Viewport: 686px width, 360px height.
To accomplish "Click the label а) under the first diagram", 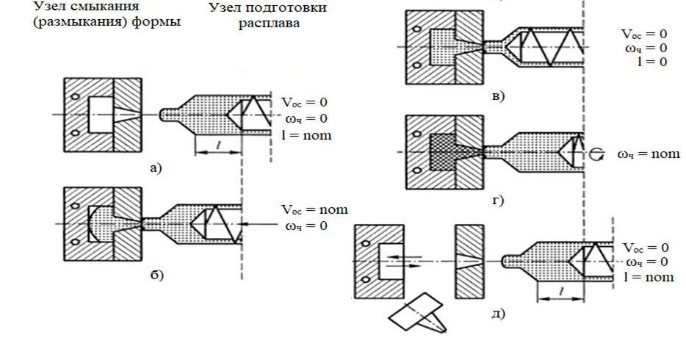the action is pyautogui.click(x=156, y=168).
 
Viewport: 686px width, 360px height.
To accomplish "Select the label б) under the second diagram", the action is pyautogui.click(x=156, y=275).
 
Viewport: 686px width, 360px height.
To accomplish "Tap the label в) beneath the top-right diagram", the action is pyautogui.click(x=498, y=96).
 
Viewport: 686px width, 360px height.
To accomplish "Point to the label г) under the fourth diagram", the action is pyautogui.click(x=498, y=201).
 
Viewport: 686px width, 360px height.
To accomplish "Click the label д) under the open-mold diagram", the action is pyautogui.click(x=498, y=313).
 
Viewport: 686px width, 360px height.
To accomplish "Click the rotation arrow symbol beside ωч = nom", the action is pyautogui.click(x=598, y=154).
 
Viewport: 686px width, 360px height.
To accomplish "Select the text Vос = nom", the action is pyautogui.click(x=314, y=210).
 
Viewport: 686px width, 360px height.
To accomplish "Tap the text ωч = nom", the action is pyautogui.click(x=649, y=154).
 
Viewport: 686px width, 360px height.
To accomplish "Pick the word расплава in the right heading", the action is pyautogui.click(x=269, y=23).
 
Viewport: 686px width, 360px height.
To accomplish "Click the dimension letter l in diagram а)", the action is pyautogui.click(x=218, y=145).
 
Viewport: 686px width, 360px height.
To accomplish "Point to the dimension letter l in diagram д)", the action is pyautogui.click(x=561, y=292).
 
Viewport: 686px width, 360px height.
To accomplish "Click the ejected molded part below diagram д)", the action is pyautogui.click(x=418, y=313).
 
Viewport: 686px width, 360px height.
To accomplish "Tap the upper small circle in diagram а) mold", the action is pyautogui.click(x=75, y=96).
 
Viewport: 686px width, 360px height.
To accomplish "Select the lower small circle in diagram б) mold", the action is pyautogui.click(x=75, y=242).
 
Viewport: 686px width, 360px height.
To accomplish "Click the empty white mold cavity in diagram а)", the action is pyautogui.click(x=101, y=115).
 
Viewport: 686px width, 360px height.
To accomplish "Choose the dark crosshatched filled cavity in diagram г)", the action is pyautogui.click(x=443, y=152).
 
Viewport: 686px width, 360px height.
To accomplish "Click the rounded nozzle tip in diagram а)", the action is pyautogui.click(x=165, y=115).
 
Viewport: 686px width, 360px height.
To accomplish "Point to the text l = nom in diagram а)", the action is pyautogui.click(x=306, y=135).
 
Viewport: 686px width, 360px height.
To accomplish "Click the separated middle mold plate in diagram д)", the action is pyautogui.click(x=469, y=262).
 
